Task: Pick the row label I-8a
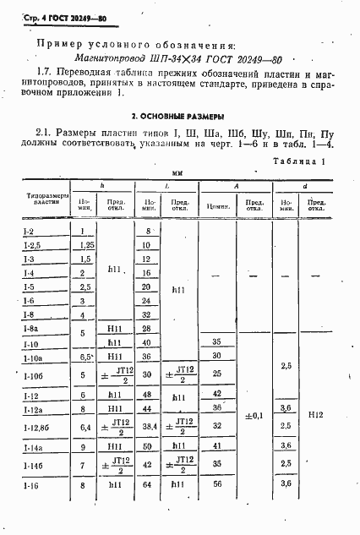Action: point(28,328)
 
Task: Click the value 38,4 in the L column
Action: point(148,428)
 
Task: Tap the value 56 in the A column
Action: point(216,485)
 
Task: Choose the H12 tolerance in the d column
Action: point(316,416)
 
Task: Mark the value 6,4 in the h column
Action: point(83,428)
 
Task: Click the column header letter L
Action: point(166,185)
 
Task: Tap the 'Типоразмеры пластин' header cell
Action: point(41,204)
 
